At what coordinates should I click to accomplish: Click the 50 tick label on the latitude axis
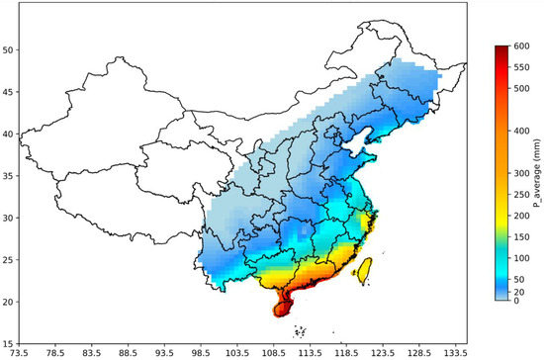tap(9, 49)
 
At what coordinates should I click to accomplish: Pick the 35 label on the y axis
tap(9, 175)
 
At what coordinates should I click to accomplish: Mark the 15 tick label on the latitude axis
tap(9, 341)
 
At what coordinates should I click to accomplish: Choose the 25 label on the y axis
tap(9, 258)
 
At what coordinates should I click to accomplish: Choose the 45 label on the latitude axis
tap(9, 91)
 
